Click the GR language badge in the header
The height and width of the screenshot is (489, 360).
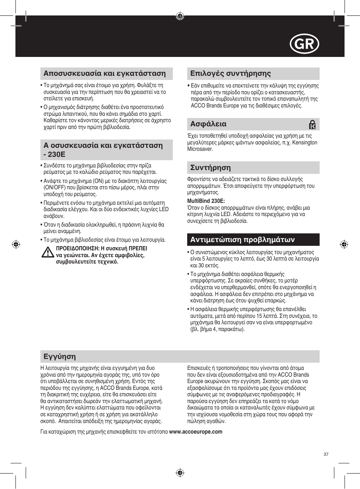click(x=304, y=44)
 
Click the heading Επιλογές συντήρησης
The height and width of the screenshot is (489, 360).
click(x=230, y=74)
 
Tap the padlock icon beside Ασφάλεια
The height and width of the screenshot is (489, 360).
click(x=312, y=124)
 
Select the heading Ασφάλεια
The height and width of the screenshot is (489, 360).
click(x=208, y=124)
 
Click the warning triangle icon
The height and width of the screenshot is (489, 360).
click(x=48, y=252)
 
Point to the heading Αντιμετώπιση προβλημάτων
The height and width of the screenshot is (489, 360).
click(x=242, y=240)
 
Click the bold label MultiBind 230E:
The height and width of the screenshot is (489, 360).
click(x=206, y=201)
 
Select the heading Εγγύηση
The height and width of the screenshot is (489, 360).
click(x=60, y=357)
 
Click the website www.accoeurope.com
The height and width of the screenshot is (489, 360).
click(x=195, y=432)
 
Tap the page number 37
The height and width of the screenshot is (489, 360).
click(x=326, y=454)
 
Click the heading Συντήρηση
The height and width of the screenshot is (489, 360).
click(x=210, y=168)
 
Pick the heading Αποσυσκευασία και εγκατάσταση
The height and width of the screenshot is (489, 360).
click(x=105, y=74)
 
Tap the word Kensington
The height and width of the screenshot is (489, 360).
click(x=305, y=143)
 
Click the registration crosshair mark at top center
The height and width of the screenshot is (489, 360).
click(x=180, y=16)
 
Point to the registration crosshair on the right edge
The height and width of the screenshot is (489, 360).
click(x=344, y=244)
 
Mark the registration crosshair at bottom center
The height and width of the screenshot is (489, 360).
click(x=180, y=473)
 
